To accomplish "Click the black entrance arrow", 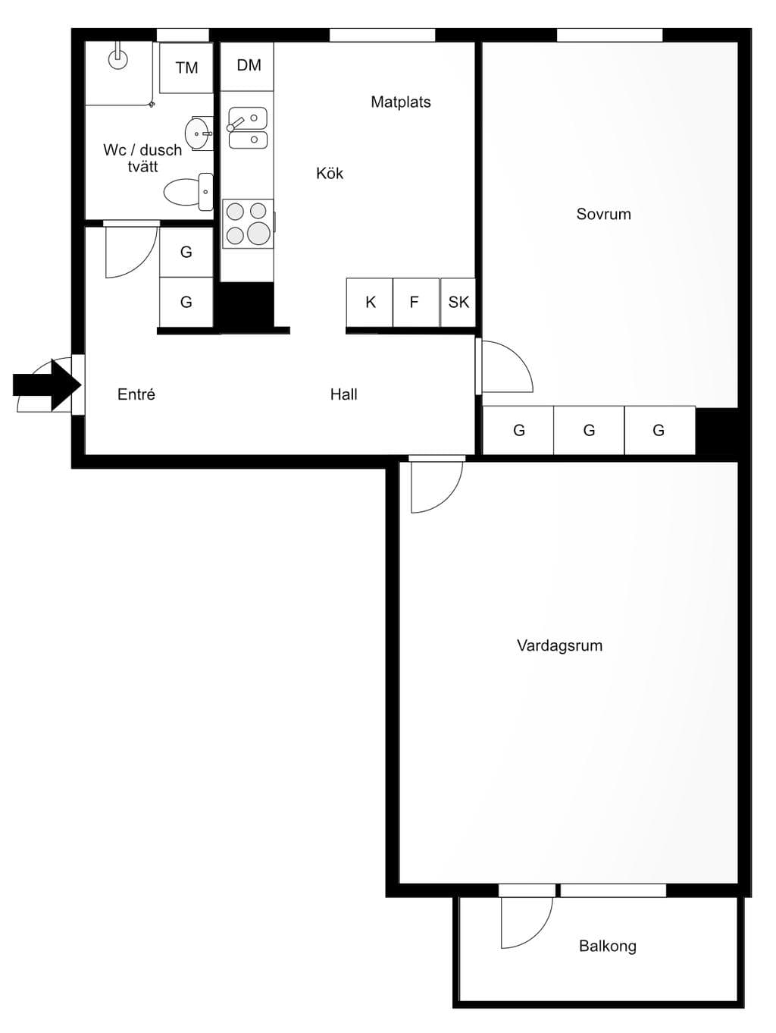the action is click(47, 385).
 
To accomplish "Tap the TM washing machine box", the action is click(186, 68).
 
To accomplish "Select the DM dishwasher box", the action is click(247, 66).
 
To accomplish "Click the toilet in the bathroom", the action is click(189, 192).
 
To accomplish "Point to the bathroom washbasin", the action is click(199, 133).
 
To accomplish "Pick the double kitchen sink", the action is click(248, 128).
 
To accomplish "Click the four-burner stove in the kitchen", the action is click(248, 224).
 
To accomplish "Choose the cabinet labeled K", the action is click(370, 302).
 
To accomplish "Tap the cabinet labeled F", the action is click(416, 302).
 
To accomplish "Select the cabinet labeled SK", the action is click(458, 302).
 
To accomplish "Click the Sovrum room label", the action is click(603, 214).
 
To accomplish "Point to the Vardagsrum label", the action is click(559, 645).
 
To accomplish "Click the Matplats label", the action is click(400, 102).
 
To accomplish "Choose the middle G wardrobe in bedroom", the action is click(589, 430).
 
